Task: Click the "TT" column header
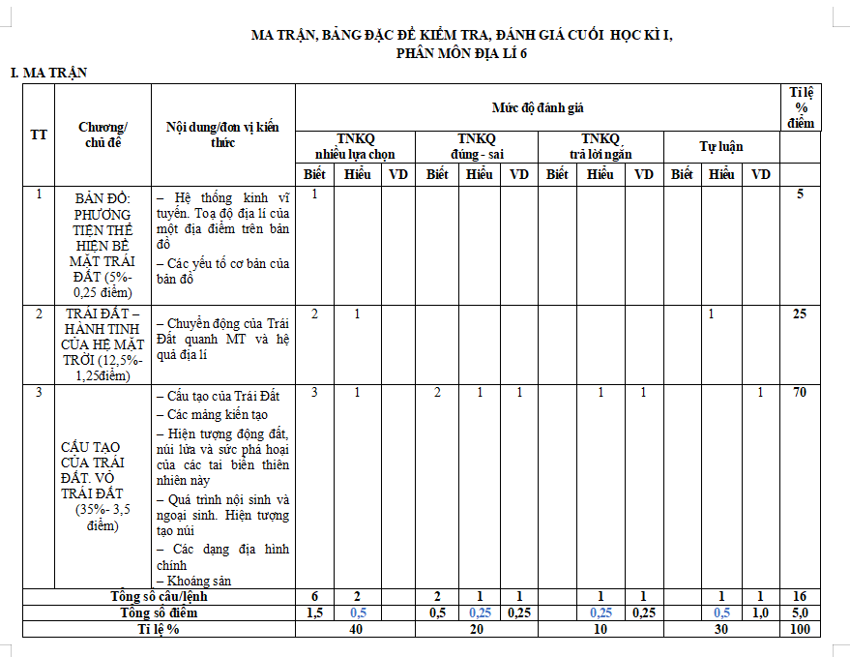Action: pyautogui.click(x=39, y=134)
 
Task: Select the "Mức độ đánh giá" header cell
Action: pyautogui.click(x=537, y=107)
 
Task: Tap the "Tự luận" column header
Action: pyautogui.click(x=721, y=146)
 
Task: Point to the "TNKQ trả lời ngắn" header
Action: pyautogui.click(x=600, y=146)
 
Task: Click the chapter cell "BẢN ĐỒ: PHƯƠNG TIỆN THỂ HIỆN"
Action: pyautogui.click(x=103, y=244)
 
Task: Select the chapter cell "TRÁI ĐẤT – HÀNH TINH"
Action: pyautogui.click(x=103, y=344)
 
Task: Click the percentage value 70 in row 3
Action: pyautogui.click(x=800, y=393)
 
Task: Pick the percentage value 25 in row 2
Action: pyautogui.click(x=800, y=314)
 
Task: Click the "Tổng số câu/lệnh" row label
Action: pyautogui.click(x=159, y=597)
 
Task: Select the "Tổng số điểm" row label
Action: pyautogui.click(x=159, y=613)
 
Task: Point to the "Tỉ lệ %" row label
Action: pyautogui.click(x=159, y=629)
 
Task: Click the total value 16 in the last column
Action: pyautogui.click(x=800, y=597)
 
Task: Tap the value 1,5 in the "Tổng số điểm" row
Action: pyautogui.click(x=314, y=613)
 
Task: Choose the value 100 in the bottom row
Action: pyautogui.click(x=800, y=629)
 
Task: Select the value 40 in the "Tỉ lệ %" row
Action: pyautogui.click(x=355, y=629)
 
